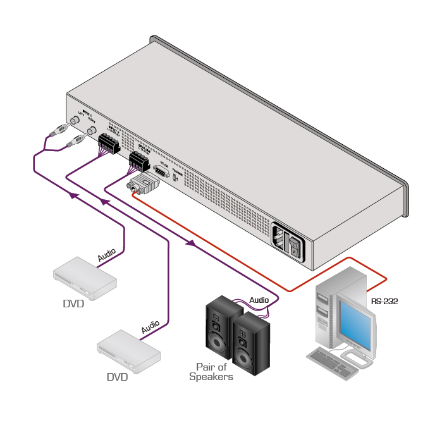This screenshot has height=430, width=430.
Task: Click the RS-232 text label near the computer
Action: [x=384, y=302]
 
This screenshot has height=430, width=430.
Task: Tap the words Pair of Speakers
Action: [x=211, y=372]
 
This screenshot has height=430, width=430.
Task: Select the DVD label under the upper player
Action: [x=73, y=304]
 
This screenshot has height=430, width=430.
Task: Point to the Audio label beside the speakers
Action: [x=259, y=299]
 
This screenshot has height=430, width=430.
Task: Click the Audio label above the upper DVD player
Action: [x=107, y=255]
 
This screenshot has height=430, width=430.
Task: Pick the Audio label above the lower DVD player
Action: [x=150, y=328]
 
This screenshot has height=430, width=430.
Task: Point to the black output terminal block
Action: [x=138, y=161]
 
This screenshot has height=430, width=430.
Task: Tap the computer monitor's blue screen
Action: [x=355, y=322]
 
